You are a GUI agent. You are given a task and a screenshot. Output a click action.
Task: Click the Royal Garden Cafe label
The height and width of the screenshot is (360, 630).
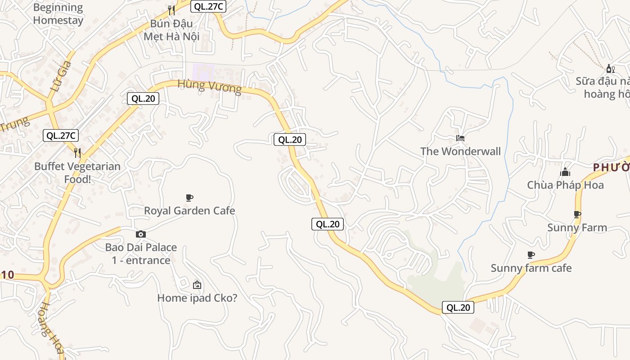pyautogui.click(x=189, y=211)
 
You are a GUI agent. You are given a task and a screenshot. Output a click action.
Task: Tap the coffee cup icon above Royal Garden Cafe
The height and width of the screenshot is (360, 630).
pyautogui.click(x=189, y=198)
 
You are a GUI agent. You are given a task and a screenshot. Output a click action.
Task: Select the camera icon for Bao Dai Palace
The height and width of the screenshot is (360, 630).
pyautogui.click(x=141, y=234)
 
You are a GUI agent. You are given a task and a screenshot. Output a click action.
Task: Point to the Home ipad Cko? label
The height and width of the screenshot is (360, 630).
pyautogui.click(x=197, y=298)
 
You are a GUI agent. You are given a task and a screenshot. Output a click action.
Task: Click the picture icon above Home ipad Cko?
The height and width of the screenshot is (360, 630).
pyautogui.click(x=197, y=285)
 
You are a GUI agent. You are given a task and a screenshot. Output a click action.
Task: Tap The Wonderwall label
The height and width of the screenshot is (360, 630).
pyautogui.click(x=460, y=151)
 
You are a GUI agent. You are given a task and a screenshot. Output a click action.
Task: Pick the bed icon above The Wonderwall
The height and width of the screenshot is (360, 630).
pyautogui.click(x=460, y=138)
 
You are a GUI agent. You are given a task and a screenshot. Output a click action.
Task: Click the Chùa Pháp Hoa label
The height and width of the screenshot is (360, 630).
pyautogui.click(x=565, y=185)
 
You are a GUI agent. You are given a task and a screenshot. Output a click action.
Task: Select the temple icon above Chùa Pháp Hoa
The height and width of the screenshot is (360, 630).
pyautogui.click(x=565, y=172)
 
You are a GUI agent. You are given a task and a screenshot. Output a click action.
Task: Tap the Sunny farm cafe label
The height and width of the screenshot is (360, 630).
pyautogui.click(x=531, y=268)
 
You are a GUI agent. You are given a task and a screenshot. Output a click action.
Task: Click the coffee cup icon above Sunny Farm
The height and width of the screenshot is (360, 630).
pyautogui.click(x=577, y=214)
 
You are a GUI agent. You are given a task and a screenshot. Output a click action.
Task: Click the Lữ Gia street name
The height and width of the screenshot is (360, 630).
pyautogui.click(x=62, y=76)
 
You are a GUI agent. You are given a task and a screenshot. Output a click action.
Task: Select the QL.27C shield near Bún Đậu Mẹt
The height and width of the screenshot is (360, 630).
pyautogui.click(x=208, y=7)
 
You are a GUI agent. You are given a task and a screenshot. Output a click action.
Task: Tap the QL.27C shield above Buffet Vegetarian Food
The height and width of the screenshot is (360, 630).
pyautogui.click(x=61, y=135)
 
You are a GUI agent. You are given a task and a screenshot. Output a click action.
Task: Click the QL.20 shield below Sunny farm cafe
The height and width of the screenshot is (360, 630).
pyautogui.click(x=458, y=307)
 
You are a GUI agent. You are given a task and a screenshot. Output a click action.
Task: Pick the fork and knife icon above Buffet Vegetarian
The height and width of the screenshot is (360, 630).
pyautogui.click(x=77, y=153)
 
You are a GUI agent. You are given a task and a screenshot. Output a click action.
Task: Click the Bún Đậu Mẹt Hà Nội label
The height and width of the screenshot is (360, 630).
pyautogui.click(x=171, y=30)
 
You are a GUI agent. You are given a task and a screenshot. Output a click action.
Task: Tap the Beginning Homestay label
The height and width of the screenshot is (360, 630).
pyautogui.click(x=58, y=14)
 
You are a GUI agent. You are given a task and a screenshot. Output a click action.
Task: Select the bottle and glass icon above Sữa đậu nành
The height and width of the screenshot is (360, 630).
pyautogui.click(x=610, y=68)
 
